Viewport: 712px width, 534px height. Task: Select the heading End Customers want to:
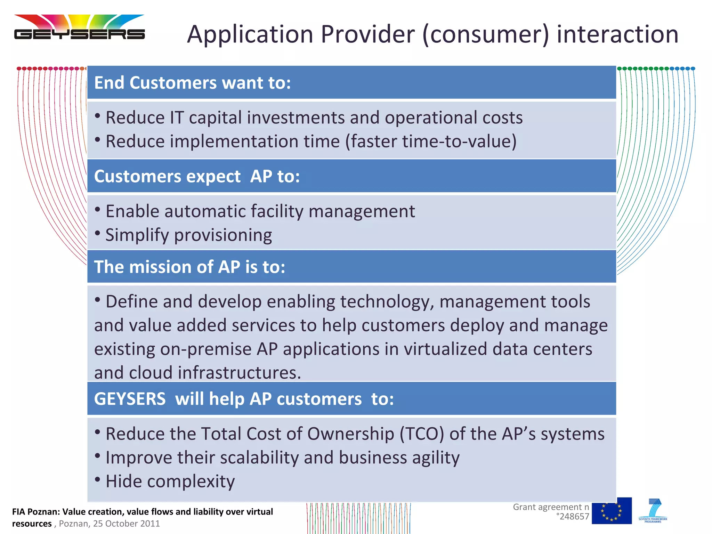tap(192, 83)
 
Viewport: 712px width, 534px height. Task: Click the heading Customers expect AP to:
tap(197, 176)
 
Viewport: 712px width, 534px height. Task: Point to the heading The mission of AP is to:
tap(189, 267)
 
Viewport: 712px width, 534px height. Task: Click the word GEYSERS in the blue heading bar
tap(130, 398)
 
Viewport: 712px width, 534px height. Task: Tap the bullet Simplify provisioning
tap(188, 235)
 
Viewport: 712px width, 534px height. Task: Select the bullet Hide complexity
tap(170, 481)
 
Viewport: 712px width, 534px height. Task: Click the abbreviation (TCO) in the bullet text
tap(422, 434)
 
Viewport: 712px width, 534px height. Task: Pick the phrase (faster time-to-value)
tap(431, 141)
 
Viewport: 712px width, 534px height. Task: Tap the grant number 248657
tap(574, 517)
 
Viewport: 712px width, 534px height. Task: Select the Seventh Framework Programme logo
tap(653, 510)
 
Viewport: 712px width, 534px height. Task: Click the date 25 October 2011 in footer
tap(127, 524)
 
